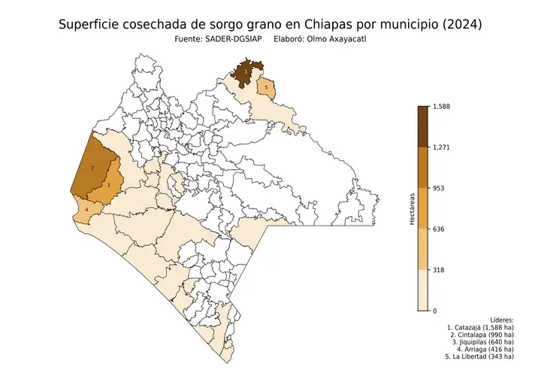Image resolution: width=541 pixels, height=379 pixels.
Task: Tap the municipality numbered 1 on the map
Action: [x=244, y=72]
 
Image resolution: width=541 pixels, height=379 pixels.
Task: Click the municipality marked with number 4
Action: [x=87, y=209]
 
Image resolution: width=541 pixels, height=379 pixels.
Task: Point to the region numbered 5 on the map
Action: [x=267, y=87]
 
